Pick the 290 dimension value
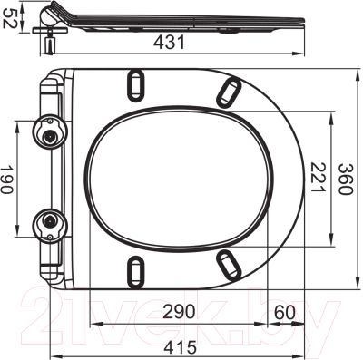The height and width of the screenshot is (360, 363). pos(179,311)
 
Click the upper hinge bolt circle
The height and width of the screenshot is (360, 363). pos(47,134)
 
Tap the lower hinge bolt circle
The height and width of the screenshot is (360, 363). pos(47,219)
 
